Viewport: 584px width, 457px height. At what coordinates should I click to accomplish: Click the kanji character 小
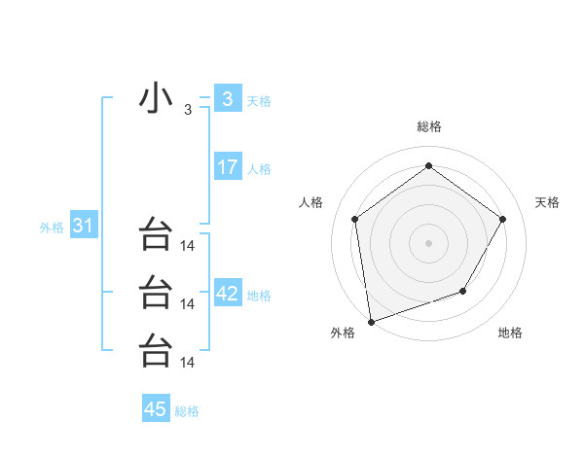click(x=156, y=100)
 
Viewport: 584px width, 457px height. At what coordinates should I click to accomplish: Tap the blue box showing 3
click(x=227, y=98)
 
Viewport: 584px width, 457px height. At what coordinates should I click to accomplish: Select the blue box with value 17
click(x=227, y=167)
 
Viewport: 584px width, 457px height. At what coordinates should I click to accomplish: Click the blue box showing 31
click(x=83, y=227)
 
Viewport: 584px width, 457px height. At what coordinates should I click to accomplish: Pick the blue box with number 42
click(x=227, y=294)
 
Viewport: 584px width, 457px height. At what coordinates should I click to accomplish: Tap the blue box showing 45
click(x=156, y=409)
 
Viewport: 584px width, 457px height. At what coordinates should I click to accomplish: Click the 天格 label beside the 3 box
click(x=259, y=100)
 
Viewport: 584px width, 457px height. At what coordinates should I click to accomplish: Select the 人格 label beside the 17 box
click(x=259, y=169)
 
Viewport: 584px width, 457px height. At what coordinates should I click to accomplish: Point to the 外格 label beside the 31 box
click(x=52, y=228)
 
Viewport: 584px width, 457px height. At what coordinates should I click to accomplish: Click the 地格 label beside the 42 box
click(x=259, y=296)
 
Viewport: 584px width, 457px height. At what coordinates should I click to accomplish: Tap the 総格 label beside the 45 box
click(x=187, y=411)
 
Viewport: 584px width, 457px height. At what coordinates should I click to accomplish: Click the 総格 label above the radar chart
click(x=428, y=126)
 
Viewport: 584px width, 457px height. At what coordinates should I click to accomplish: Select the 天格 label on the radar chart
click(x=547, y=202)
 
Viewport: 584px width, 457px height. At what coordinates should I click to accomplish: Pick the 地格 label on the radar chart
click(x=510, y=333)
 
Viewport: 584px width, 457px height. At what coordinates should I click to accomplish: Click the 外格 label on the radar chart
click(x=343, y=333)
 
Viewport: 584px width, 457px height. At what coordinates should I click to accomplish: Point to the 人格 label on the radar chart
click(x=310, y=202)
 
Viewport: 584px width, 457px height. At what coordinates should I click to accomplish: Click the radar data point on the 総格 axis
click(x=428, y=166)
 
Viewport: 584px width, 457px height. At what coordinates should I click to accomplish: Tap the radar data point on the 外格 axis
click(x=370, y=321)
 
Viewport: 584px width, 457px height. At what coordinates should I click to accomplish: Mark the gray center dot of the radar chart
click(x=428, y=242)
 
